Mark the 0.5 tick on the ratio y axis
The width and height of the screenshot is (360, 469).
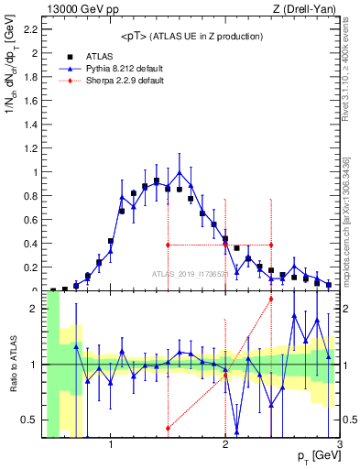(x=30, y=420)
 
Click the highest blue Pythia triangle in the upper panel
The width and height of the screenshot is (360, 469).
(x=180, y=171)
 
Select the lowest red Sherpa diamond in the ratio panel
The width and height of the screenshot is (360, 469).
(x=168, y=428)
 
